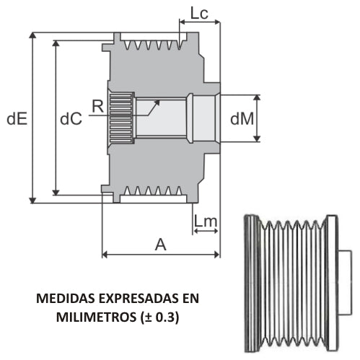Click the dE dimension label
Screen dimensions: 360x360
17,118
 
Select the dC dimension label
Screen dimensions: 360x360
71,118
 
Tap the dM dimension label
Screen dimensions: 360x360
242,118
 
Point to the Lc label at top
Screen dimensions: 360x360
199,13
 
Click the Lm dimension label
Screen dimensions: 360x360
206,221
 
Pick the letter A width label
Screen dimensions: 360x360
161,245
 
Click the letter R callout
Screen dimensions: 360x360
98,106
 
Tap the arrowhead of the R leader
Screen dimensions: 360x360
157,102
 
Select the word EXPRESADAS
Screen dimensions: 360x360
139,299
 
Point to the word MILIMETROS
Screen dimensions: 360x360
96,317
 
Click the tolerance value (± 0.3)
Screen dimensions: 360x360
159,317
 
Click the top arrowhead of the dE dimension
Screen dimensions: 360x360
32,35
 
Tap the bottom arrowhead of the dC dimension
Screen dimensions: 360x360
56,193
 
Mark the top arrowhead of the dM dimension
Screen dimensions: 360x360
257,97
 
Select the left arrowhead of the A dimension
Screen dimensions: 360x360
105,254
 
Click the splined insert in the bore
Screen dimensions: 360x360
121,118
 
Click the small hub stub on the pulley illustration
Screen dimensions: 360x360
346,282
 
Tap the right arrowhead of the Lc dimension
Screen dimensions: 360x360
217,22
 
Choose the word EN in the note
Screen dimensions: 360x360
191,299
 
